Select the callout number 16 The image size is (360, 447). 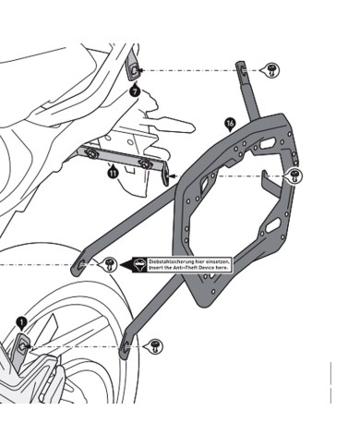[231, 122]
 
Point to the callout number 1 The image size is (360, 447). [21, 323]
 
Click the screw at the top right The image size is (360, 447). [273, 69]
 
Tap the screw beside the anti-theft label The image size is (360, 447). [110, 264]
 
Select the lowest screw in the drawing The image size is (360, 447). [156, 344]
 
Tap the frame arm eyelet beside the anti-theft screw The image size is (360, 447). [84, 265]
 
